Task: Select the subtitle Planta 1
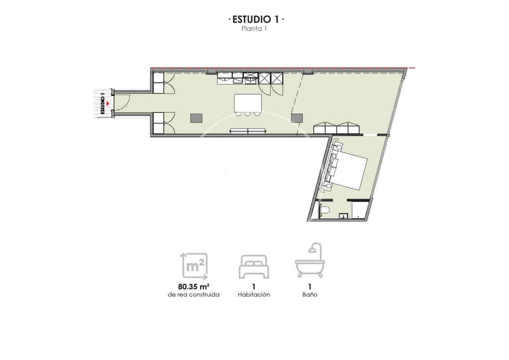tap(254, 29)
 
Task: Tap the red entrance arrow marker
tap(108, 104)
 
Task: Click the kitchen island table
tap(248, 103)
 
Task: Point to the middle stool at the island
tap(248, 114)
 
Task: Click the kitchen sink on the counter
tap(251, 77)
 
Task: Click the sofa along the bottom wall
tap(248, 131)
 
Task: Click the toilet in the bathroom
tap(325, 210)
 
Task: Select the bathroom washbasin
tap(343, 216)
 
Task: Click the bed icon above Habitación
tap(254, 267)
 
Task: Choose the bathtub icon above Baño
tap(309, 262)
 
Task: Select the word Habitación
tap(254, 295)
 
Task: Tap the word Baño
tap(310, 295)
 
